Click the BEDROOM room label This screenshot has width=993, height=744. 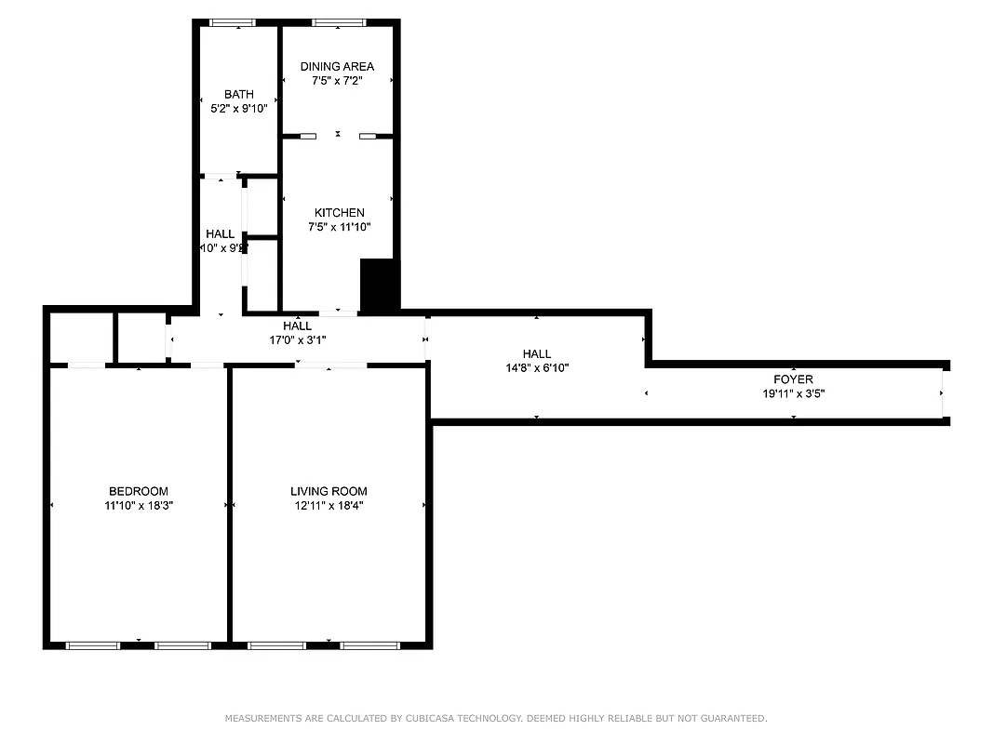(x=139, y=491)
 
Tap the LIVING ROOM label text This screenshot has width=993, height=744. (x=329, y=491)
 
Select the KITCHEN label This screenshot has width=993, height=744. (x=339, y=213)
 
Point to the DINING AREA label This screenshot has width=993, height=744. (x=337, y=66)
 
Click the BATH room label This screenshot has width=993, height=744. (x=239, y=94)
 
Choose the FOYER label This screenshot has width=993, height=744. (x=793, y=379)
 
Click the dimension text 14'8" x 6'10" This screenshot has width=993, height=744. (x=536, y=367)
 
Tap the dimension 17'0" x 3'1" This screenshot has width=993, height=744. (x=298, y=339)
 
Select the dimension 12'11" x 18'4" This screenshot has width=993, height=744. (x=329, y=506)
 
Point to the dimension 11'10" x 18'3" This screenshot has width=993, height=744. (x=139, y=506)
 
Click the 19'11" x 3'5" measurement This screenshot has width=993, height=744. (x=793, y=393)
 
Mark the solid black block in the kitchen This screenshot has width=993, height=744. (x=378, y=286)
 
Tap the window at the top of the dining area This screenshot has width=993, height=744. (x=339, y=22)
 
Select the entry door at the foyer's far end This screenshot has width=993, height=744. (x=944, y=392)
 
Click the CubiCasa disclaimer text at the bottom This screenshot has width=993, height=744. (x=496, y=718)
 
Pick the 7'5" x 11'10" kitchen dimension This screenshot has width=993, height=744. (x=339, y=227)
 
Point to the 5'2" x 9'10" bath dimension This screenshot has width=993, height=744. (x=239, y=108)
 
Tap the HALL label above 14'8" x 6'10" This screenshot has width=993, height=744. (x=536, y=353)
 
